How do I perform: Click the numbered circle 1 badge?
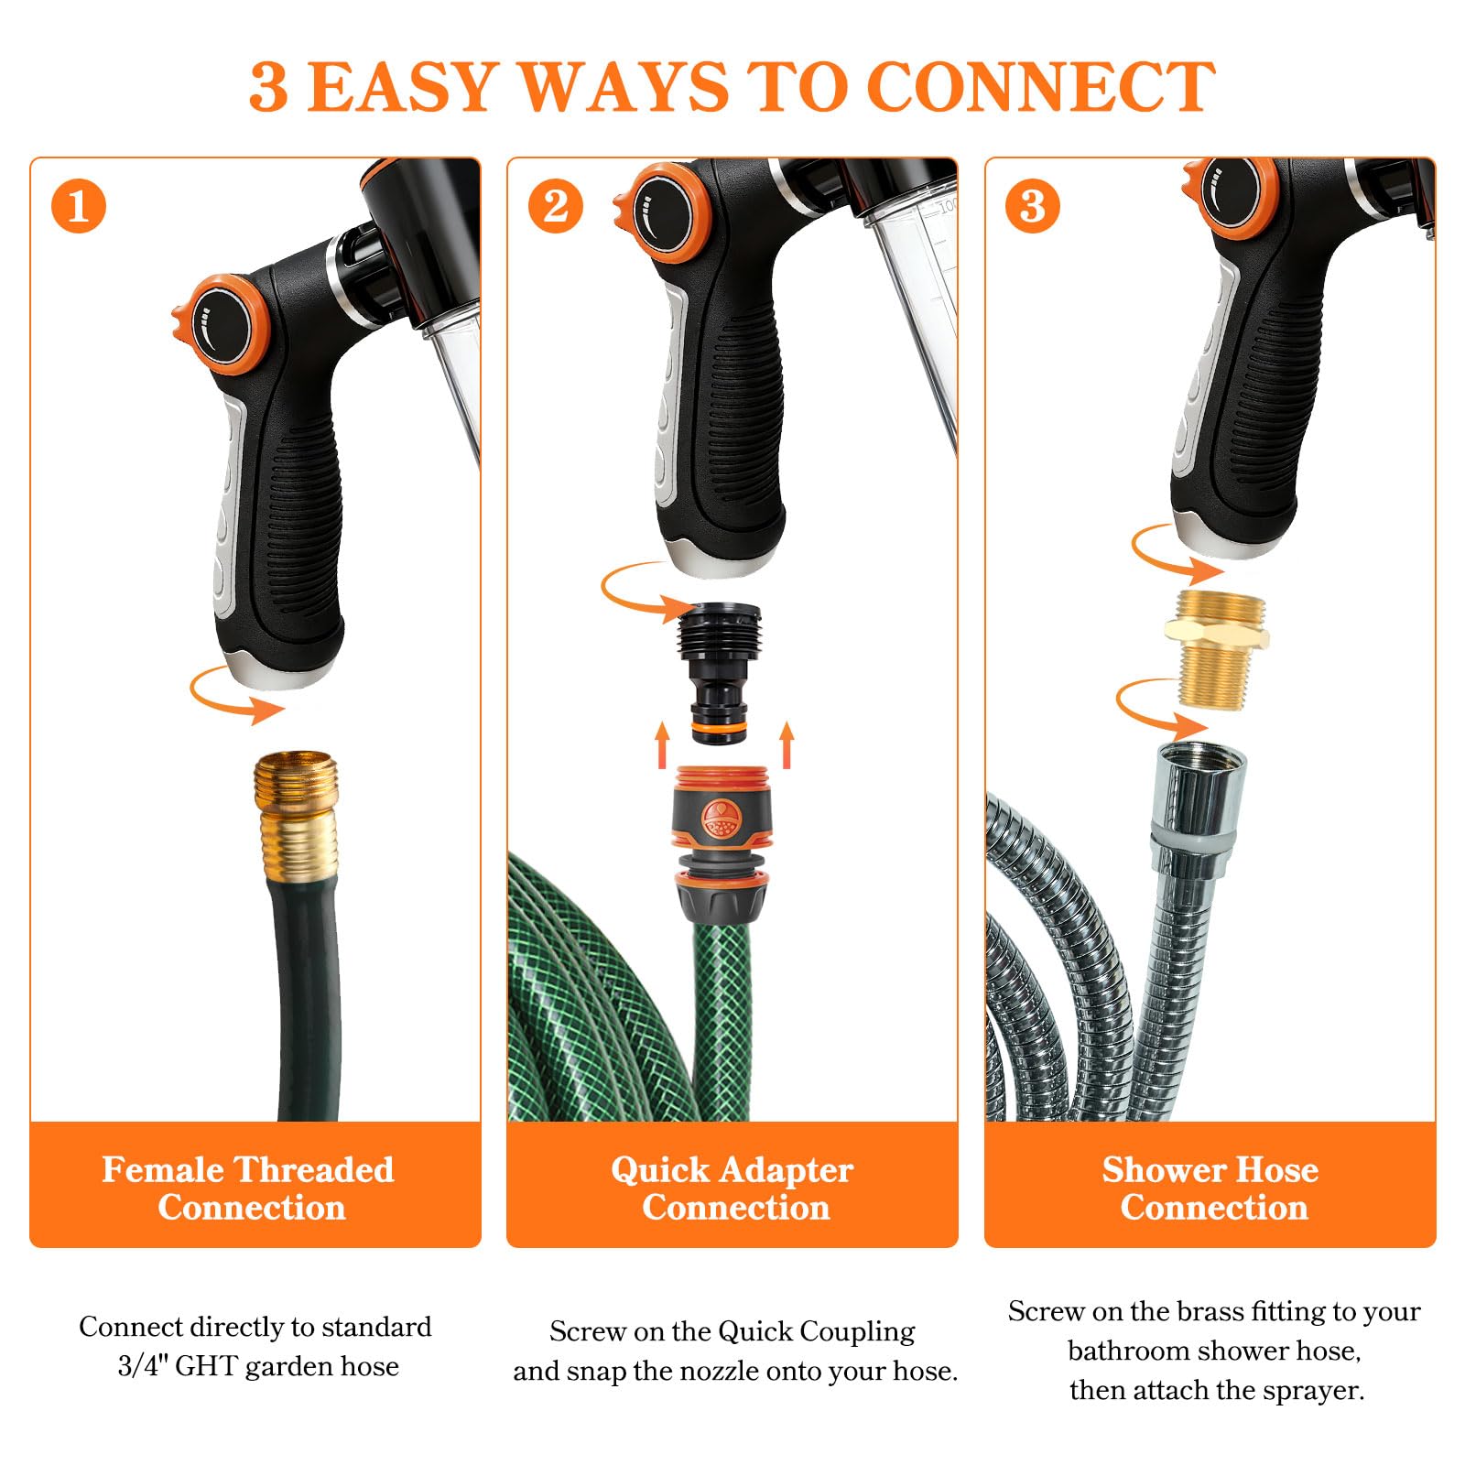tap(79, 206)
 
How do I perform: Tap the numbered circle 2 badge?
tap(556, 206)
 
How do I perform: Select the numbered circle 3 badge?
tap(1033, 206)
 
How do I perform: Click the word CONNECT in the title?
tap(1040, 88)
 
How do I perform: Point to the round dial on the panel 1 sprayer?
tap(222, 324)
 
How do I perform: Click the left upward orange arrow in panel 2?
tap(662, 744)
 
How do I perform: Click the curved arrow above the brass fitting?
tap(1177, 552)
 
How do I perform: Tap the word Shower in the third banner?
tap(1156, 1169)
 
